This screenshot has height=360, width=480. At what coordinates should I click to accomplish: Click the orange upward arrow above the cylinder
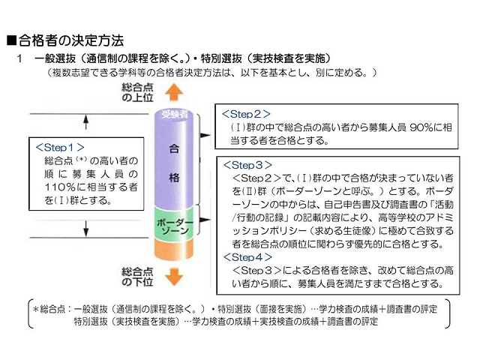pos(174,92)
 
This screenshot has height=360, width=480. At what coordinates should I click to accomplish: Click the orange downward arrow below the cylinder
pos(173,277)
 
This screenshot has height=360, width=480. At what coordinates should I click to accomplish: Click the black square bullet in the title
pos(11,40)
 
